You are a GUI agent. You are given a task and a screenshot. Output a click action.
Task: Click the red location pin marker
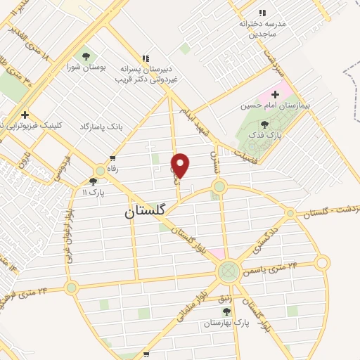pyautogui.click(x=181, y=164)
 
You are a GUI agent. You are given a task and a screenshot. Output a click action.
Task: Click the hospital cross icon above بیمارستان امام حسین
pyautogui.click(x=276, y=94)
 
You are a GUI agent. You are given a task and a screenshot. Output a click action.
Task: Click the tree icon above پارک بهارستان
pyautogui.click(x=226, y=310)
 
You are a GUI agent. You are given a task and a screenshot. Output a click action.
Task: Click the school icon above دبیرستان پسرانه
pyautogui.click(x=146, y=58)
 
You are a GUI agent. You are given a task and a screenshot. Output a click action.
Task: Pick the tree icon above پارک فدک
pyautogui.click(x=264, y=124)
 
